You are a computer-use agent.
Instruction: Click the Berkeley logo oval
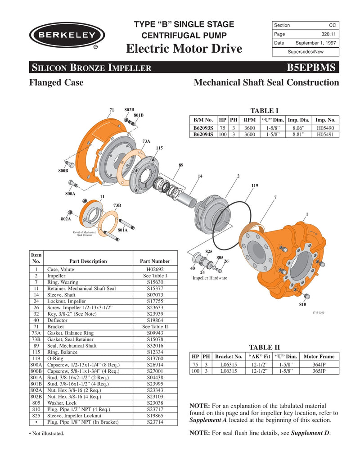pos(67,35)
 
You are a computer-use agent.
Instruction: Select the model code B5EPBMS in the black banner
pos(310,68)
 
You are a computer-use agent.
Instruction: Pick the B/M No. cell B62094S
pos(203,134)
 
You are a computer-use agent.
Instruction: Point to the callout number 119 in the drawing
pos(254,185)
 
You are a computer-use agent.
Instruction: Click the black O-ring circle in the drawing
pos(234,225)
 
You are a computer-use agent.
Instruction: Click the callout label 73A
pos(146,141)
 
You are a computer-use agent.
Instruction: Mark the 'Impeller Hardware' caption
pos(210,278)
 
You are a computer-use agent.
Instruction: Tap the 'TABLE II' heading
pos(264,347)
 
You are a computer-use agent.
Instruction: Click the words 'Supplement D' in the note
pos(310,433)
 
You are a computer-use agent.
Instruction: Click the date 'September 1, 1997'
pos(315,43)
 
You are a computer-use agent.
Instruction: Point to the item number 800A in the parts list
pos(36,365)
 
